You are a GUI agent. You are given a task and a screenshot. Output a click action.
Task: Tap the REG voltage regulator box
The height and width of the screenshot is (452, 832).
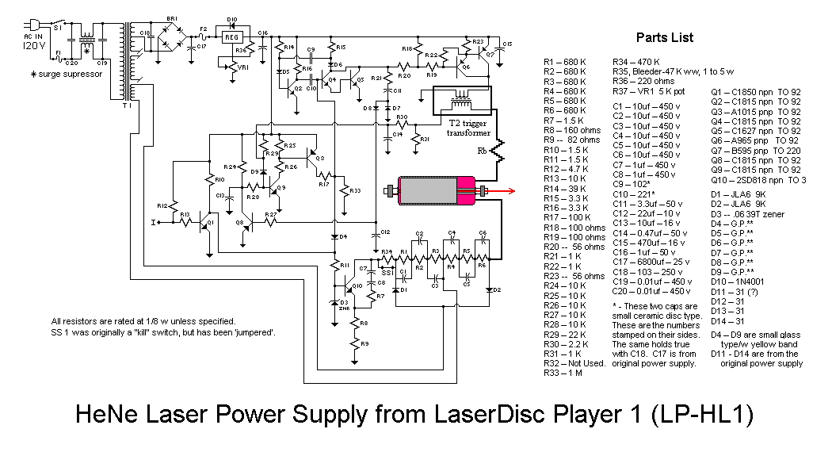point(231,36)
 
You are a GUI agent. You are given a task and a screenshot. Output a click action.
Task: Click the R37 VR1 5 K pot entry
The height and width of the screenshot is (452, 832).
point(649,91)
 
